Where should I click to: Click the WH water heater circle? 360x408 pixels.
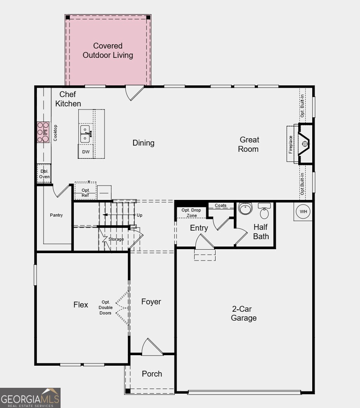pos(303,212)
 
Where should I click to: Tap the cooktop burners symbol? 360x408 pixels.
pos(43,132)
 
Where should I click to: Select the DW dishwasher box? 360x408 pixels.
pos(85,152)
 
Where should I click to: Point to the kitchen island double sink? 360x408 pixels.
pos(85,134)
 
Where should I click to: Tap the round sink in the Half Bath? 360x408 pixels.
pos(245,208)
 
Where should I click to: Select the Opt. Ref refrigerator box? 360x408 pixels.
pos(85,192)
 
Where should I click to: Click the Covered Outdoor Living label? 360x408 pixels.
pos(108,51)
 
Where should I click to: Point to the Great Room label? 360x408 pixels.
pos(249,144)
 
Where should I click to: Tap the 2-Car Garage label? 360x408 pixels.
pos(244,314)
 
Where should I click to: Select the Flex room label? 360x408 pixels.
pos(81,305)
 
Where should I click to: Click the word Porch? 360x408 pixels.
pos(152,374)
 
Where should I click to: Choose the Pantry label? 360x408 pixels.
pos(56,215)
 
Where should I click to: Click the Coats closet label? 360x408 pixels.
pos(221,205)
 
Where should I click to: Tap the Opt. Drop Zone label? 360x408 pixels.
pos(191,213)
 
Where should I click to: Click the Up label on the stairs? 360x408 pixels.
pos(139,215)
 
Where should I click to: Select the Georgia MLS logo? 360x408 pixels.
pos(30,398)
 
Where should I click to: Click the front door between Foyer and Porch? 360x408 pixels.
pos(152,348)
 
